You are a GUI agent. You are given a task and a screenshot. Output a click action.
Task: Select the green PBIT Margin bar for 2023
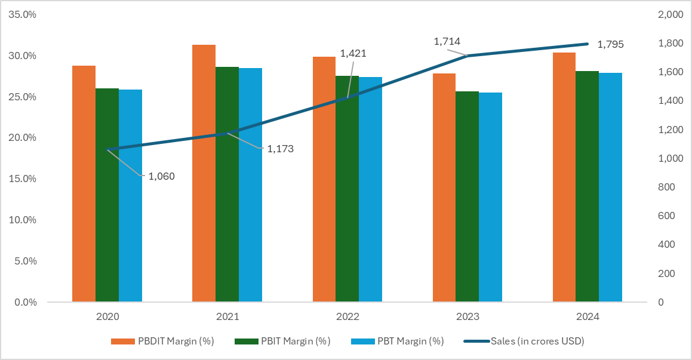(467, 196)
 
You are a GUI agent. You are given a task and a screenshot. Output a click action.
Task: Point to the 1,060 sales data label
(161, 176)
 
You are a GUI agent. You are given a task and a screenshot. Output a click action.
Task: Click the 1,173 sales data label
(280, 149)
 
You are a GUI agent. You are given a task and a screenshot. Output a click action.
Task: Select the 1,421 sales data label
(353, 53)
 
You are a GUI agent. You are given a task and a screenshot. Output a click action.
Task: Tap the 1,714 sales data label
(447, 41)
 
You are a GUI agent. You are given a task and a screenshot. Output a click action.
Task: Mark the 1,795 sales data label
(610, 44)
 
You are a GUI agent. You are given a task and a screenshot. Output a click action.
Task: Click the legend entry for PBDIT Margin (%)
(162, 341)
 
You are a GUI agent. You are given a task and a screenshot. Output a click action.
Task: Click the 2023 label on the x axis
(467, 316)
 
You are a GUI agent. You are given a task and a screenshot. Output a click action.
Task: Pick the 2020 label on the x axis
(107, 316)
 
